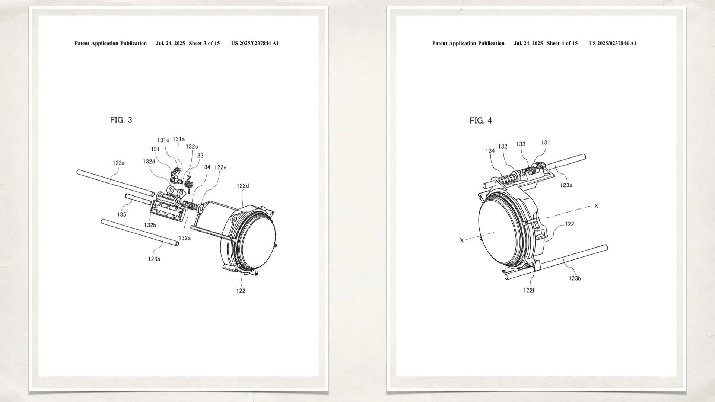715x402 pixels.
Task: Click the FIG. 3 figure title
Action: pyautogui.click(x=121, y=120)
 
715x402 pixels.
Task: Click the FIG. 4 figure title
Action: pyautogui.click(x=481, y=121)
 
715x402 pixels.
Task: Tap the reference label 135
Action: pyautogui.click(x=121, y=214)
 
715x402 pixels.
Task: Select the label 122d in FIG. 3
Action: pyautogui.click(x=243, y=186)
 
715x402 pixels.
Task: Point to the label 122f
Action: pyautogui.click(x=529, y=290)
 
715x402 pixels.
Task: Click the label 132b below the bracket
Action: pyautogui.click(x=150, y=225)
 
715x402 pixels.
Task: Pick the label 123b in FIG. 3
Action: pyautogui.click(x=154, y=259)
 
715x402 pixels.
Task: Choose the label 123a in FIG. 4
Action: pyautogui.click(x=566, y=185)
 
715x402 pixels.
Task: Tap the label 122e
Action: pyautogui.click(x=220, y=167)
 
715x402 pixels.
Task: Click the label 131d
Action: pyautogui.click(x=163, y=140)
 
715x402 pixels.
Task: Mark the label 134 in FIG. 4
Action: pyautogui.click(x=490, y=151)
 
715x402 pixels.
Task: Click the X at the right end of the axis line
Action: pyautogui.click(x=596, y=206)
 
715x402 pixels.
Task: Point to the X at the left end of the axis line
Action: pyautogui.click(x=462, y=240)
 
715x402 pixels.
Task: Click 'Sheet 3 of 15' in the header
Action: pyautogui.click(x=204, y=43)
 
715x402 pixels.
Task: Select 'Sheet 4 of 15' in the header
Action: pyautogui.click(x=562, y=43)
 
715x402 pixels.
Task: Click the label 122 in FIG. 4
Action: pyautogui.click(x=569, y=224)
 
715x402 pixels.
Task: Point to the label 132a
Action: pyautogui.click(x=185, y=238)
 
